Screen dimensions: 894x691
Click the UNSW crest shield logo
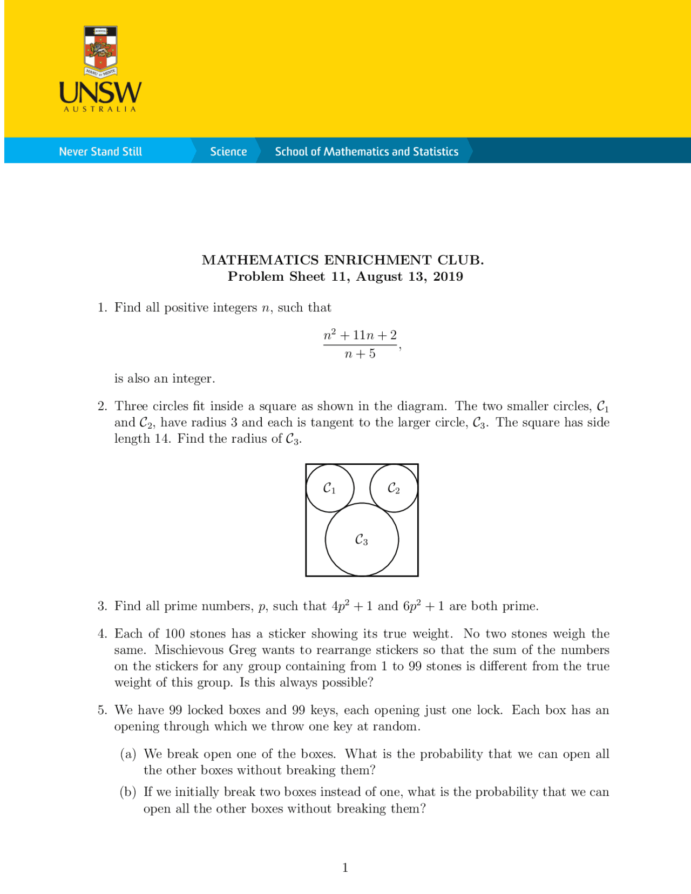point(100,50)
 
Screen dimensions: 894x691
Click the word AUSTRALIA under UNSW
point(100,109)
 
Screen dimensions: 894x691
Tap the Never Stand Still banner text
point(100,152)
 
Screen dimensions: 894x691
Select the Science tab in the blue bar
point(228,152)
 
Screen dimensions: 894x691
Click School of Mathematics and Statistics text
point(367,152)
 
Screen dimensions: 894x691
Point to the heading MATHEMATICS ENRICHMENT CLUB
point(343,260)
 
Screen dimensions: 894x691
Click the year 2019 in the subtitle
point(448,277)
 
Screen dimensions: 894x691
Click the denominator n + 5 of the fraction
point(360,354)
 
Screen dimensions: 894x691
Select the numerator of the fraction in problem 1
point(360,335)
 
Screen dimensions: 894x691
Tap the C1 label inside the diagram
point(329,489)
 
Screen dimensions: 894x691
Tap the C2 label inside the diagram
point(394,489)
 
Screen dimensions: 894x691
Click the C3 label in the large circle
point(361,540)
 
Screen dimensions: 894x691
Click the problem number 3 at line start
point(102,606)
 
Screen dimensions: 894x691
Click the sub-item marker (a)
point(128,754)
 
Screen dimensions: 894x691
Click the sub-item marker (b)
point(128,793)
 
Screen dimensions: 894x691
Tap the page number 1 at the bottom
point(345,868)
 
